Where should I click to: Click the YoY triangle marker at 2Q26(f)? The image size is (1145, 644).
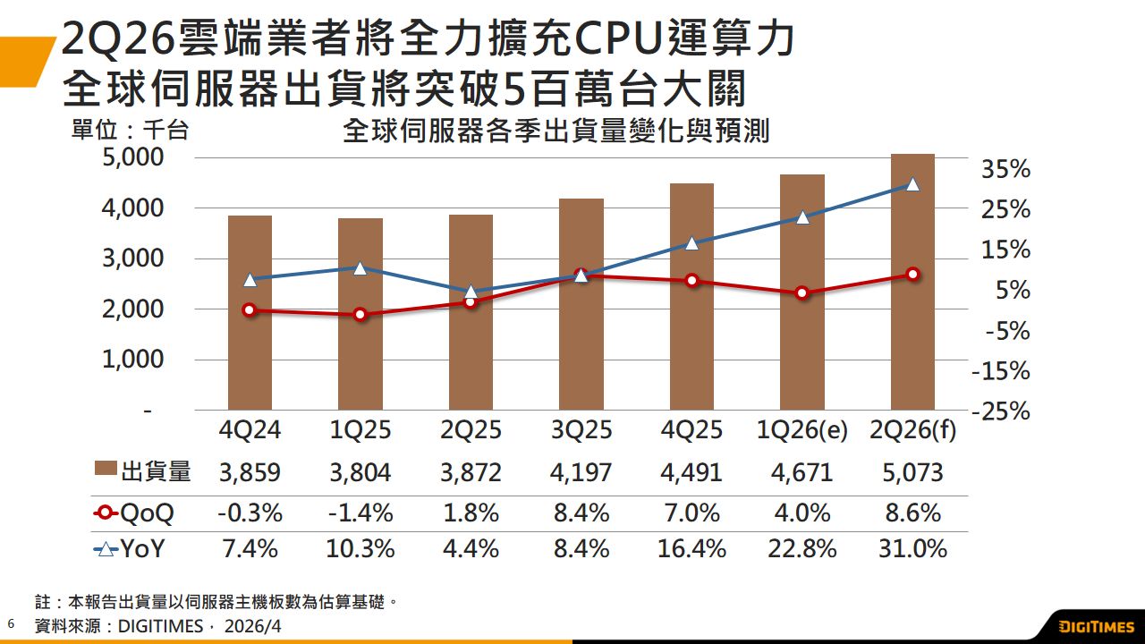tap(912, 183)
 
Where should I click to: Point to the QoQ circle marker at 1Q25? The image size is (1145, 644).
tap(360, 314)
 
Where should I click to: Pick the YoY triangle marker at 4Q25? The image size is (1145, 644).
tap(691, 242)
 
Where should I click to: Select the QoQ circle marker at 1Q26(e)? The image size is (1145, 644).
tap(802, 292)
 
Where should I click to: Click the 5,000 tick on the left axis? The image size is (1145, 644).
tap(135, 157)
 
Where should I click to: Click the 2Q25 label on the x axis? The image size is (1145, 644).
tap(471, 430)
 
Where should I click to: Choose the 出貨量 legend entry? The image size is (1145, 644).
tap(143, 472)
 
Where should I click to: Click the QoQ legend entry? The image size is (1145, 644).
tap(134, 513)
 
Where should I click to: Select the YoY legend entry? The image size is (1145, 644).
tap(131, 548)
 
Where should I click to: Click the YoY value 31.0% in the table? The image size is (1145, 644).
tap(912, 548)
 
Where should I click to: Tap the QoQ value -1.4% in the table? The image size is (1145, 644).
tap(360, 513)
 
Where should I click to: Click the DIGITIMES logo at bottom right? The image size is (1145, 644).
tap(1096, 625)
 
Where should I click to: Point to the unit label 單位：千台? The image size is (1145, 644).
tap(130, 131)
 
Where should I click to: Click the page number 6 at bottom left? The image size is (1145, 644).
tap(11, 623)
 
